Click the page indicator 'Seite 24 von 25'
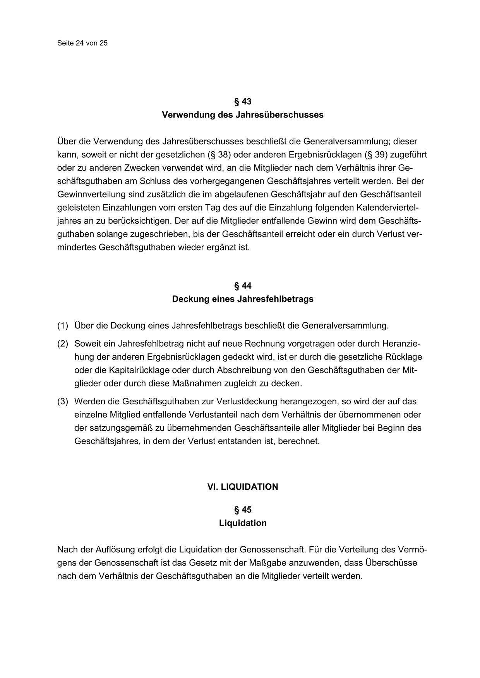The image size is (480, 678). point(82,43)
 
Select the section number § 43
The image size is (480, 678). point(243,102)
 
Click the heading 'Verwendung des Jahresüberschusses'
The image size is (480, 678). point(243,115)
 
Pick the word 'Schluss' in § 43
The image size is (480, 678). point(154,181)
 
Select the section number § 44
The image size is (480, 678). point(243,286)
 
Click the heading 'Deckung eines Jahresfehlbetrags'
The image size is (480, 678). point(243,300)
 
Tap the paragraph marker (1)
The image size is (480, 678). point(63,326)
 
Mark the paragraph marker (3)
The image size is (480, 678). point(63,402)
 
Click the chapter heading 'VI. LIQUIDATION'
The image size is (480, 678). point(243,487)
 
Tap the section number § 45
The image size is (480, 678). point(243,510)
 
